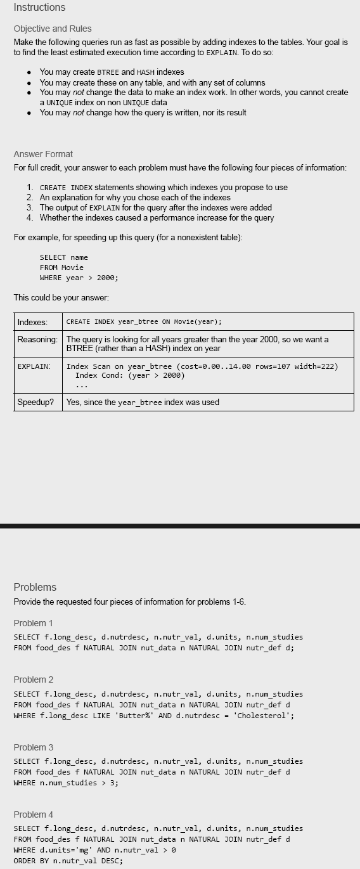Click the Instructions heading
(x=39, y=8)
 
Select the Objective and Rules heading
(x=53, y=29)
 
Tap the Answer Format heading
(x=43, y=154)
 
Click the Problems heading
(x=35, y=587)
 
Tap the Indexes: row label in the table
(x=32, y=322)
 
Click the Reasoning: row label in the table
(x=37, y=340)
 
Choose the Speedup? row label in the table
(x=35, y=402)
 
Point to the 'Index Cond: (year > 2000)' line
(x=130, y=375)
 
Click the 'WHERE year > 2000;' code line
(x=79, y=278)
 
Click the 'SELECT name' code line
(x=63, y=257)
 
